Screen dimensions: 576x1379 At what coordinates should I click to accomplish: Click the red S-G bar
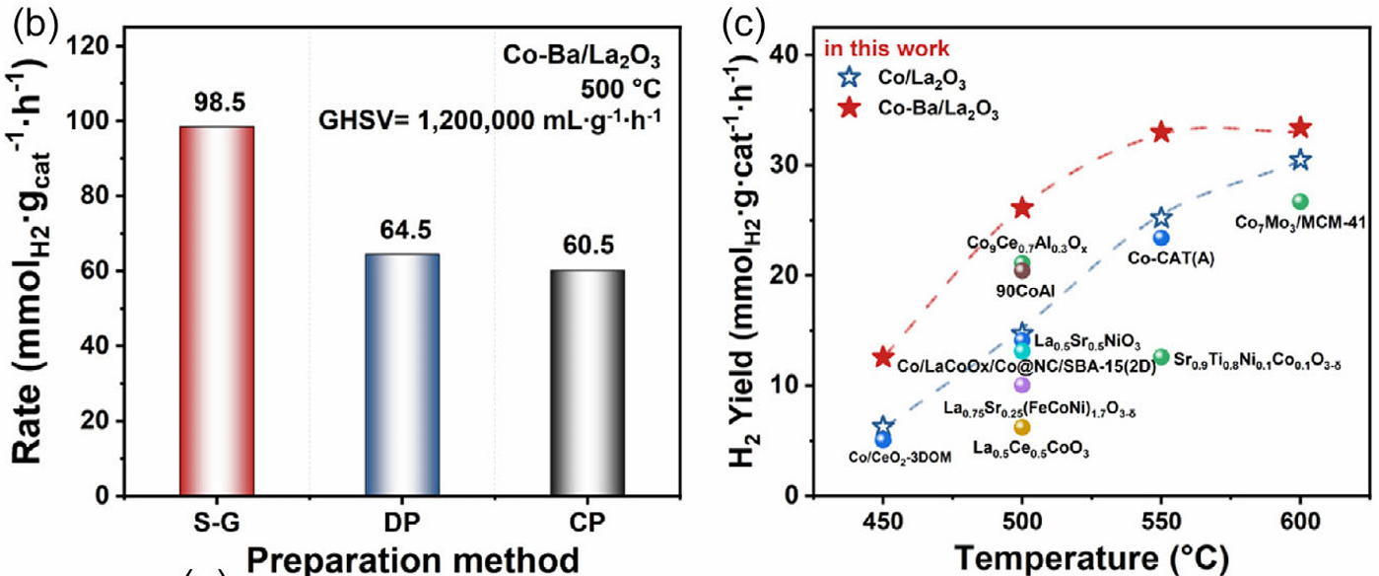(x=217, y=311)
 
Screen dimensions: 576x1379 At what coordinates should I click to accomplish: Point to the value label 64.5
(x=402, y=234)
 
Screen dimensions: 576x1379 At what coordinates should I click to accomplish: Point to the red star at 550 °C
(x=1161, y=132)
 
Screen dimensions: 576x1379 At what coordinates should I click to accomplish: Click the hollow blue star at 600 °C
(x=1300, y=160)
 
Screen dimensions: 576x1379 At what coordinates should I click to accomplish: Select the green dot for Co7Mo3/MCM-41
(x=1300, y=201)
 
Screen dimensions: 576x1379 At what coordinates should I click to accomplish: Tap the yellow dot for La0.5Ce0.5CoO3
(x=1022, y=427)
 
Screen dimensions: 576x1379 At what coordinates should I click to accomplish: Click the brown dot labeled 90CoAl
(x=1022, y=269)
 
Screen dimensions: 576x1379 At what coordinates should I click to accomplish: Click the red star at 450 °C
(x=883, y=357)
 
